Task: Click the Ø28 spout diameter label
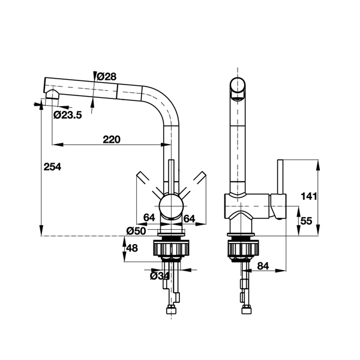coord(107,77)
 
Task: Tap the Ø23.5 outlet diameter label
coord(68,115)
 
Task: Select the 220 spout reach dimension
coord(112,140)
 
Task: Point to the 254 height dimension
coord(52,167)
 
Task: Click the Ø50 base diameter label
coord(136,231)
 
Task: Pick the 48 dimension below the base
coord(132,248)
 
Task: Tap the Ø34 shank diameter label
coord(160,276)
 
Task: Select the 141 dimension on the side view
coord(309,196)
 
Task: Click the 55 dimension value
coord(306,221)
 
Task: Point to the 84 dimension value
coord(263,266)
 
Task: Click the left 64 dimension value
coord(149,217)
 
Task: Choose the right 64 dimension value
coord(189,219)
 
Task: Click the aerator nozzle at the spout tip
coord(52,94)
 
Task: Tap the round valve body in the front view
coord(171,205)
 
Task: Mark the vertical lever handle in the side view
coord(280,177)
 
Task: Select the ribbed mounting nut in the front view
coord(171,248)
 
